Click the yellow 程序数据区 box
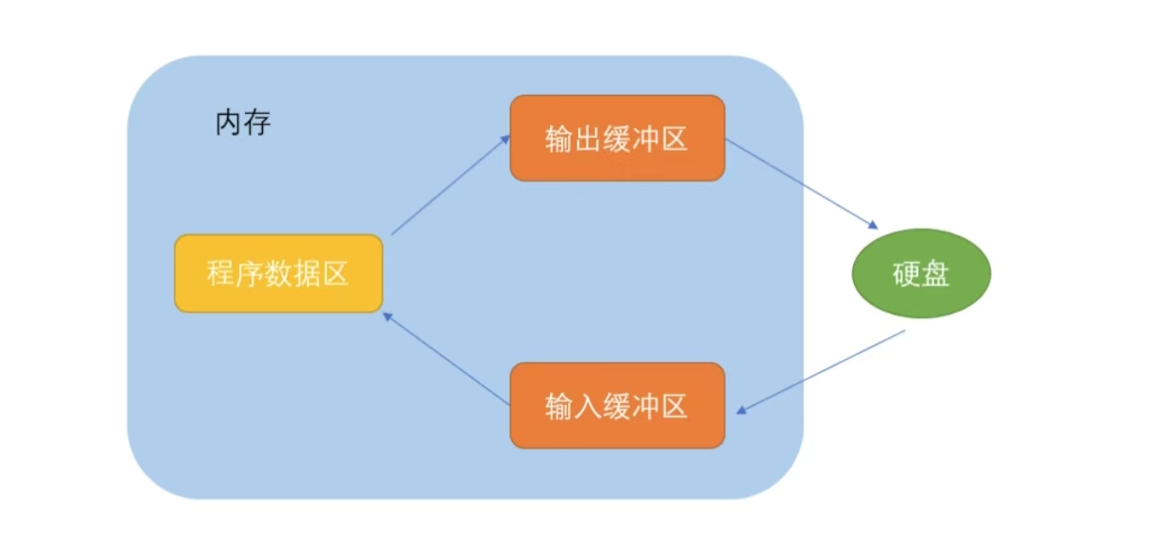[x=279, y=273]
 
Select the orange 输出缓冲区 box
[x=617, y=137]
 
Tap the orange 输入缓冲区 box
[x=617, y=405]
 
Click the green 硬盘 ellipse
[x=921, y=274]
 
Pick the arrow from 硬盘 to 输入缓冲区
[x=821, y=371]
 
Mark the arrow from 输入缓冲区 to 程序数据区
[x=447, y=362]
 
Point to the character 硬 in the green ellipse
[x=906, y=274]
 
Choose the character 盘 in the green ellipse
[x=936, y=274]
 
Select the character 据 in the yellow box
[x=307, y=274]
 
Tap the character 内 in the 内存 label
[x=230, y=123]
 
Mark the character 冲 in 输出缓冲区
[x=646, y=138]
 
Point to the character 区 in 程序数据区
[x=336, y=274]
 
